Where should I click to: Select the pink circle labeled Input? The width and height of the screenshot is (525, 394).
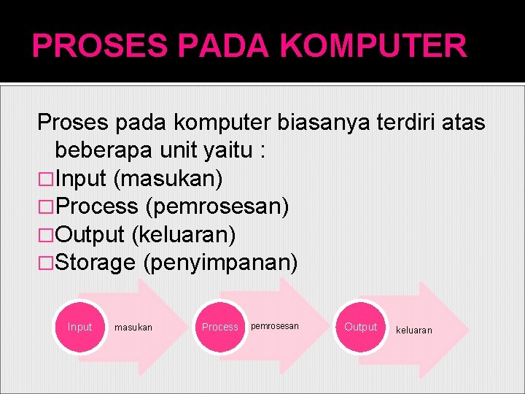pyautogui.click(x=79, y=327)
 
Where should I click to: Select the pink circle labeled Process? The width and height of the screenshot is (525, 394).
pyautogui.click(x=219, y=327)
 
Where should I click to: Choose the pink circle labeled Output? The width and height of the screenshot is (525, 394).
pyautogui.click(x=360, y=327)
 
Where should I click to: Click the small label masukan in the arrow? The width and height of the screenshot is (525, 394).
pyautogui.click(x=133, y=328)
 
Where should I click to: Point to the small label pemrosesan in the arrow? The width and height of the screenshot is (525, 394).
pyautogui.click(x=274, y=326)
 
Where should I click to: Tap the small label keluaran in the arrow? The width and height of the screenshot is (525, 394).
pyautogui.click(x=413, y=331)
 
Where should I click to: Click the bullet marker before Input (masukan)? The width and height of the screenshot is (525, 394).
pyautogui.click(x=46, y=179)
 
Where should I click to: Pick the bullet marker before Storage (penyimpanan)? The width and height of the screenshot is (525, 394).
pyautogui.click(x=46, y=263)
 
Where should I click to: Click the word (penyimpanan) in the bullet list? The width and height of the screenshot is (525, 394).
pyautogui.click(x=220, y=263)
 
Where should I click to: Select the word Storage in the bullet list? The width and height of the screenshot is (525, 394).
pyautogui.click(x=96, y=263)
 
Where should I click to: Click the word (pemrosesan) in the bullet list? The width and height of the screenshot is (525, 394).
pyautogui.click(x=217, y=206)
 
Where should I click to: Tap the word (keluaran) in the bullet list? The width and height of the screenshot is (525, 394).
pyautogui.click(x=183, y=235)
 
